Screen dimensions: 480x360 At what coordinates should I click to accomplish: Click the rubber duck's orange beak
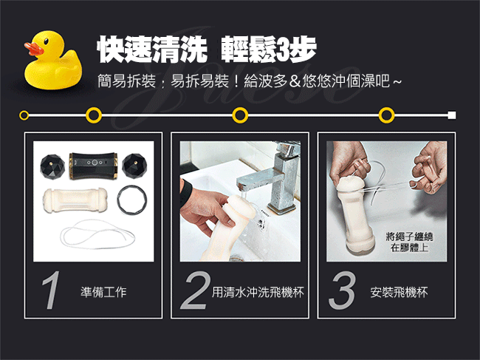tap(33, 48)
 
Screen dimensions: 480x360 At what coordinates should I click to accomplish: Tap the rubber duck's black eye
tap(46, 41)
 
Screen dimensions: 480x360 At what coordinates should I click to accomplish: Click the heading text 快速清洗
tap(152, 50)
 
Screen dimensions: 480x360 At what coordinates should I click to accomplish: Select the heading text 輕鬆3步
tap(269, 50)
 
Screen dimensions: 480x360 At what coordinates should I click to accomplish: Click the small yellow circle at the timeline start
tap(24, 115)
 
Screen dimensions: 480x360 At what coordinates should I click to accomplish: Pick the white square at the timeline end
tap(452, 115)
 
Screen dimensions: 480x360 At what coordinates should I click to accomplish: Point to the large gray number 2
tap(195, 291)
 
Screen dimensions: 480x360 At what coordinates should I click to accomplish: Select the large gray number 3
tap(342, 291)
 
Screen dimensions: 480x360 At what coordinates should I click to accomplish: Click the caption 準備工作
tap(103, 292)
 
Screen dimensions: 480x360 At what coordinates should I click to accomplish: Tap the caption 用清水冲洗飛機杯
tap(258, 292)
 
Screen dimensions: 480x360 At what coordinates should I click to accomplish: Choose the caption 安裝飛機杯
tap(399, 292)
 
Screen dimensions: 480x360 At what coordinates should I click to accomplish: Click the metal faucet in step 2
tap(278, 177)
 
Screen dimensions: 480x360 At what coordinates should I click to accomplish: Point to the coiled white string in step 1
tap(98, 234)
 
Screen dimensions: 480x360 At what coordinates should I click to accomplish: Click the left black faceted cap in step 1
tap(52, 166)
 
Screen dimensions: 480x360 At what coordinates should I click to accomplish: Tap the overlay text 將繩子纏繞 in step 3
tap(409, 237)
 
